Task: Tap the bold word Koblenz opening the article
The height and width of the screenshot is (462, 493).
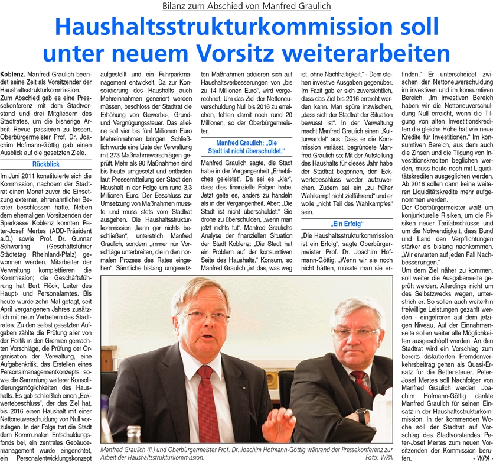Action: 12,74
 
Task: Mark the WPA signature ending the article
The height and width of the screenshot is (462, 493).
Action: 481,457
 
